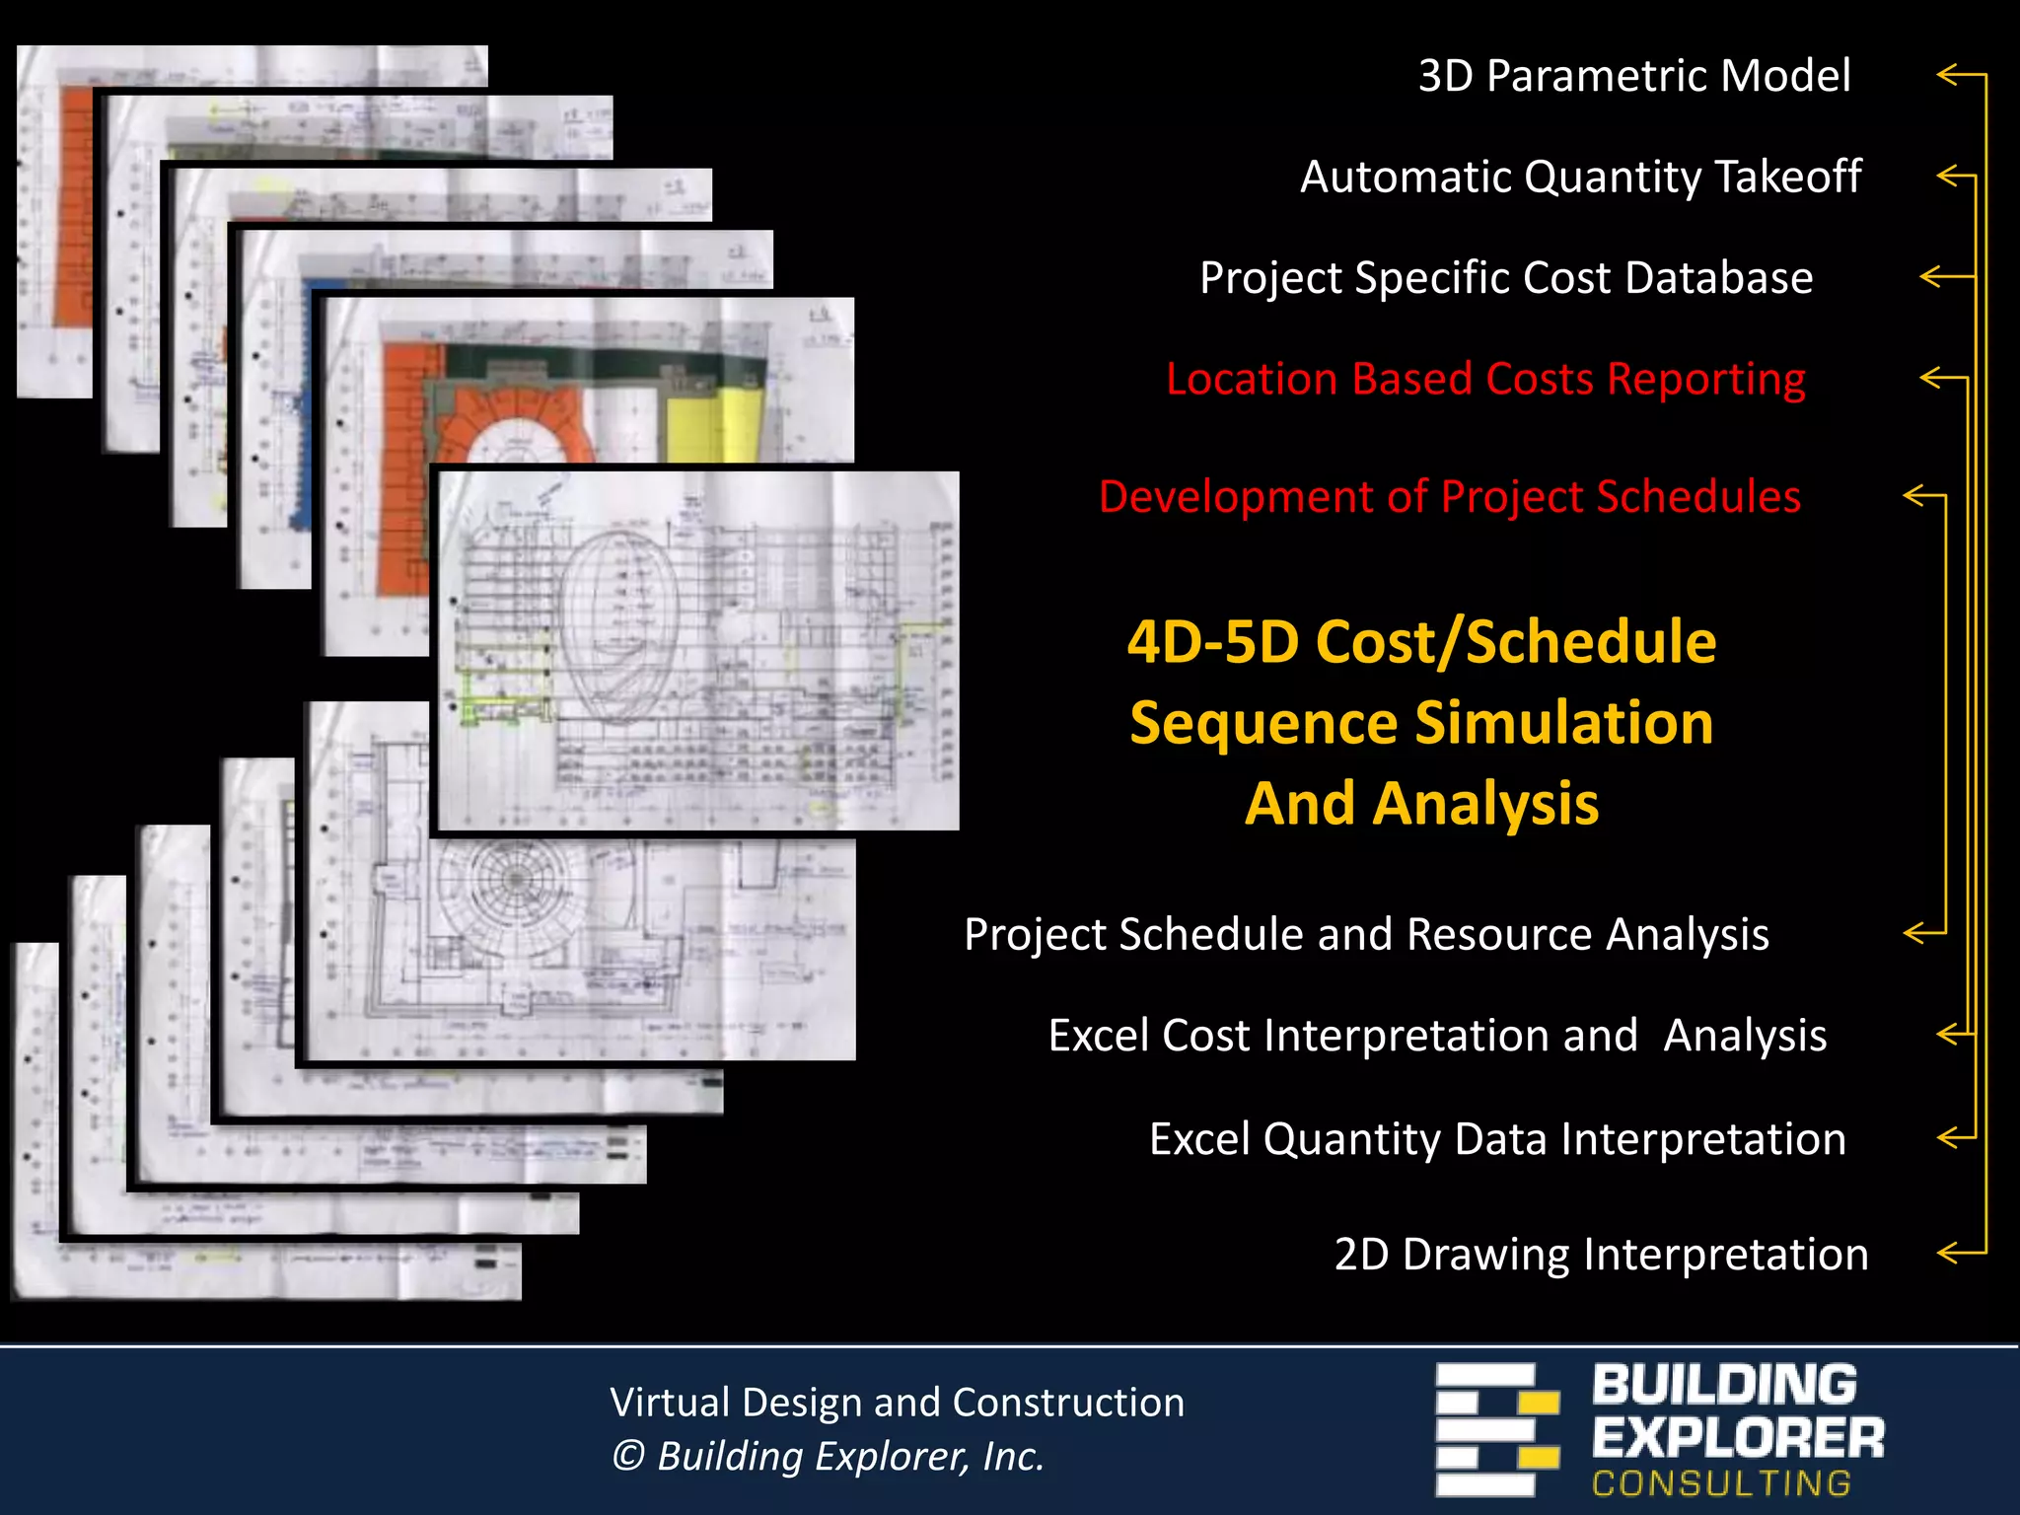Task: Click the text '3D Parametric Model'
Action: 1634,76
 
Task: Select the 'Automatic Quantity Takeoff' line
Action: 1580,178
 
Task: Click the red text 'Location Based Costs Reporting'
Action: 1485,380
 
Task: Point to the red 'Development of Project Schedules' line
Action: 1450,497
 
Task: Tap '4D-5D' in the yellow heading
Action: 1212,642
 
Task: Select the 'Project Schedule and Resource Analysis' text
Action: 1366,934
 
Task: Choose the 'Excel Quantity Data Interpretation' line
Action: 1497,1139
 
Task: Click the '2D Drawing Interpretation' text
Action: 1601,1255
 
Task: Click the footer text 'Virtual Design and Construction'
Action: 897,1403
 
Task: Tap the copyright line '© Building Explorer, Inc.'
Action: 828,1457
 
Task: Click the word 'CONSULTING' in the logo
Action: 1721,1483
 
